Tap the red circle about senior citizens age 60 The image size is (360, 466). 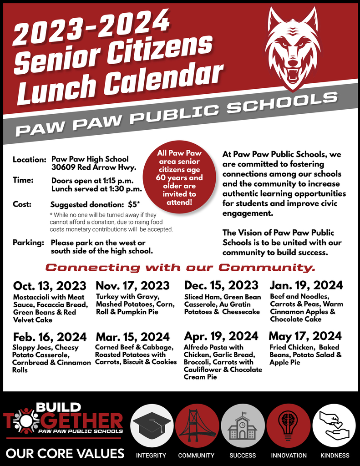click(179, 177)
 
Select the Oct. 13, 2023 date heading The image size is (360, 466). click(50, 286)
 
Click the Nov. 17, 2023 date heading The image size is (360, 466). click(132, 286)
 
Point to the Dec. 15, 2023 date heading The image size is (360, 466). click(221, 285)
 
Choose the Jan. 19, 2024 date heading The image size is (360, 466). click(306, 285)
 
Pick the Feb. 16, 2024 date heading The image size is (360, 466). click(50, 337)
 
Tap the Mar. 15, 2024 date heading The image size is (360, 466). click(132, 337)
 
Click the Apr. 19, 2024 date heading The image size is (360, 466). click(221, 336)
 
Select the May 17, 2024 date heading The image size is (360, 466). click(305, 336)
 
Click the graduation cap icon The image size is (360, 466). click(152, 425)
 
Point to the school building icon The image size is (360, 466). click(242, 425)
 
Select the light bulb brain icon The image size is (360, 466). click(288, 425)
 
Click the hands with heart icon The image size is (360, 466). click(334, 425)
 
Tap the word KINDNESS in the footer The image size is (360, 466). click(335, 455)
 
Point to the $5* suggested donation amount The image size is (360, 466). click(134, 205)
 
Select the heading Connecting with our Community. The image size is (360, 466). click(180, 267)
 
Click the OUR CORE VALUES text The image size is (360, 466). click(65, 454)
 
